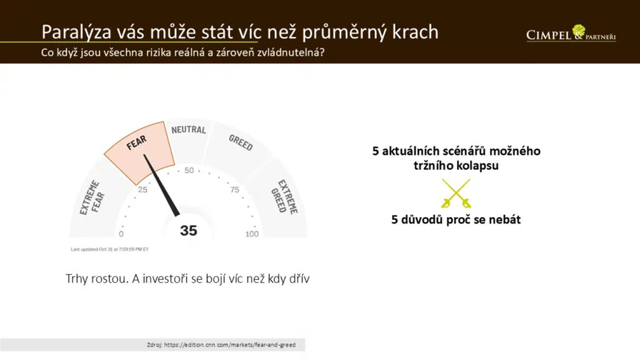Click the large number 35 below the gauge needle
pyautogui.click(x=189, y=230)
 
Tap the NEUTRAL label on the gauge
pyautogui.click(x=189, y=129)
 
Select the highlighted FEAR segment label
pyautogui.click(x=136, y=143)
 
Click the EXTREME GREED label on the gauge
pyautogui.click(x=284, y=197)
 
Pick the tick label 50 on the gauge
pyautogui.click(x=189, y=170)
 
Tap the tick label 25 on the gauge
pyautogui.click(x=143, y=190)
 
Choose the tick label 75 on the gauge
pyautogui.click(x=235, y=190)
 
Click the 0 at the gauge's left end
pyautogui.click(x=121, y=234)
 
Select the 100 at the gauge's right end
pyautogui.click(x=252, y=234)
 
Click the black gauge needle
pyautogui.click(x=162, y=185)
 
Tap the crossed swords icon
pyautogui.click(x=456, y=193)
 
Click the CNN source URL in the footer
pyautogui.click(x=230, y=345)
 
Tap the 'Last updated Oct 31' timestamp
pyautogui.click(x=110, y=249)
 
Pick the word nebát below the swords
pyautogui.click(x=505, y=220)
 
